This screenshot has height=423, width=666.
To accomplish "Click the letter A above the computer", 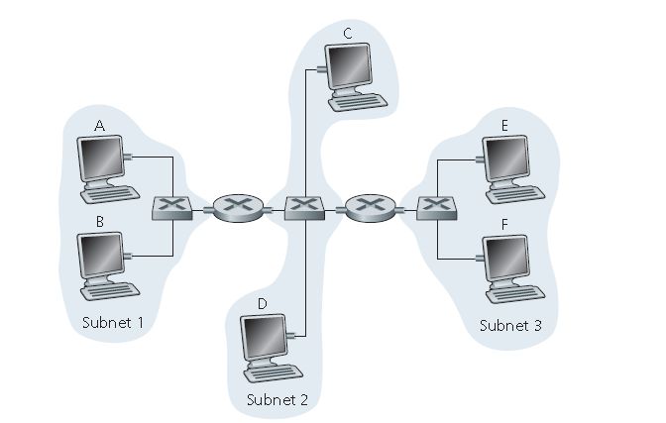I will click(x=99, y=127).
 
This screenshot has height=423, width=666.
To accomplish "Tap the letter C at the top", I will click(x=348, y=35).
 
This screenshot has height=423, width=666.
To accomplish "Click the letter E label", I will click(x=504, y=126).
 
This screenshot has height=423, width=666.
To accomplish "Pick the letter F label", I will click(x=504, y=225).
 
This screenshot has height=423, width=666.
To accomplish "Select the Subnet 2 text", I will click(x=277, y=400).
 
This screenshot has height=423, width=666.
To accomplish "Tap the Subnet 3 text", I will click(x=510, y=325).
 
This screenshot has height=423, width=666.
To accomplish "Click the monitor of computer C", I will click(x=352, y=65).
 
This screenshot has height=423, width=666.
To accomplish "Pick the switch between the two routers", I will click(x=304, y=208).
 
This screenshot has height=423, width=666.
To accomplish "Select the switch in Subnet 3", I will click(x=434, y=208).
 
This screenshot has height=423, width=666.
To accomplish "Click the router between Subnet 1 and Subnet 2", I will click(x=239, y=207).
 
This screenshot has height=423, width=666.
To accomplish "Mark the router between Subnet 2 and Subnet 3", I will click(x=370, y=207).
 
